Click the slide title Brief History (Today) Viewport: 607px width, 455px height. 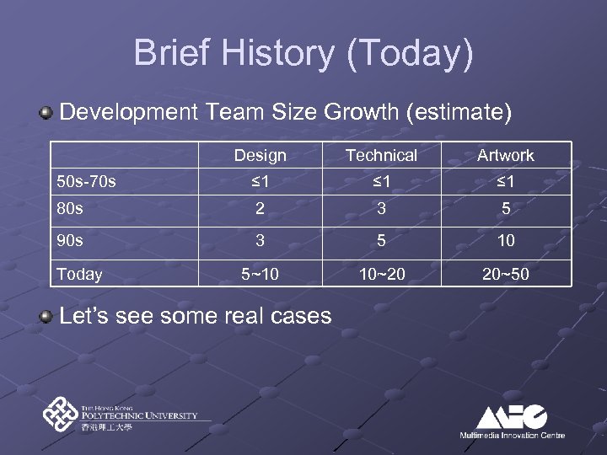pyautogui.click(x=303, y=53)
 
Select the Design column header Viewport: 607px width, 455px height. pyautogui.click(x=260, y=155)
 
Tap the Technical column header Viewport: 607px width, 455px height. pyautogui.click(x=381, y=155)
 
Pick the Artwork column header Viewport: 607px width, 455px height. pyautogui.click(x=505, y=155)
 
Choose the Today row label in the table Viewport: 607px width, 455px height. pyautogui.click(x=79, y=274)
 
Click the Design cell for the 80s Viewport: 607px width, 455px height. pyautogui.click(x=260, y=210)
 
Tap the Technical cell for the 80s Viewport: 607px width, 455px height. pyautogui.click(x=381, y=210)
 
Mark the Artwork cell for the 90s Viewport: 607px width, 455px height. pyautogui.click(x=505, y=242)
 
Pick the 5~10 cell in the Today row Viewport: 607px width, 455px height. pyautogui.click(x=260, y=273)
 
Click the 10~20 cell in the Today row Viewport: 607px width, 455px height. pyautogui.click(x=381, y=273)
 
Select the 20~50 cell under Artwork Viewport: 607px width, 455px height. pyautogui.click(x=505, y=273)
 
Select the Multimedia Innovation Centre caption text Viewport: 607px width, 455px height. pyautogui.click(x=512, y=435)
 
